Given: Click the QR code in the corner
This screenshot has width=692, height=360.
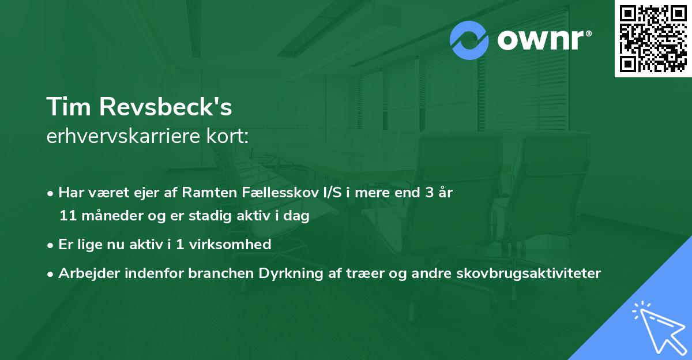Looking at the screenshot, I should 653,39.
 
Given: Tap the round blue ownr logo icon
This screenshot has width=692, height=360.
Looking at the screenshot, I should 469,40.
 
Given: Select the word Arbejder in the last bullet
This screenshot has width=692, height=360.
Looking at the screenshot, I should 85,273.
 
